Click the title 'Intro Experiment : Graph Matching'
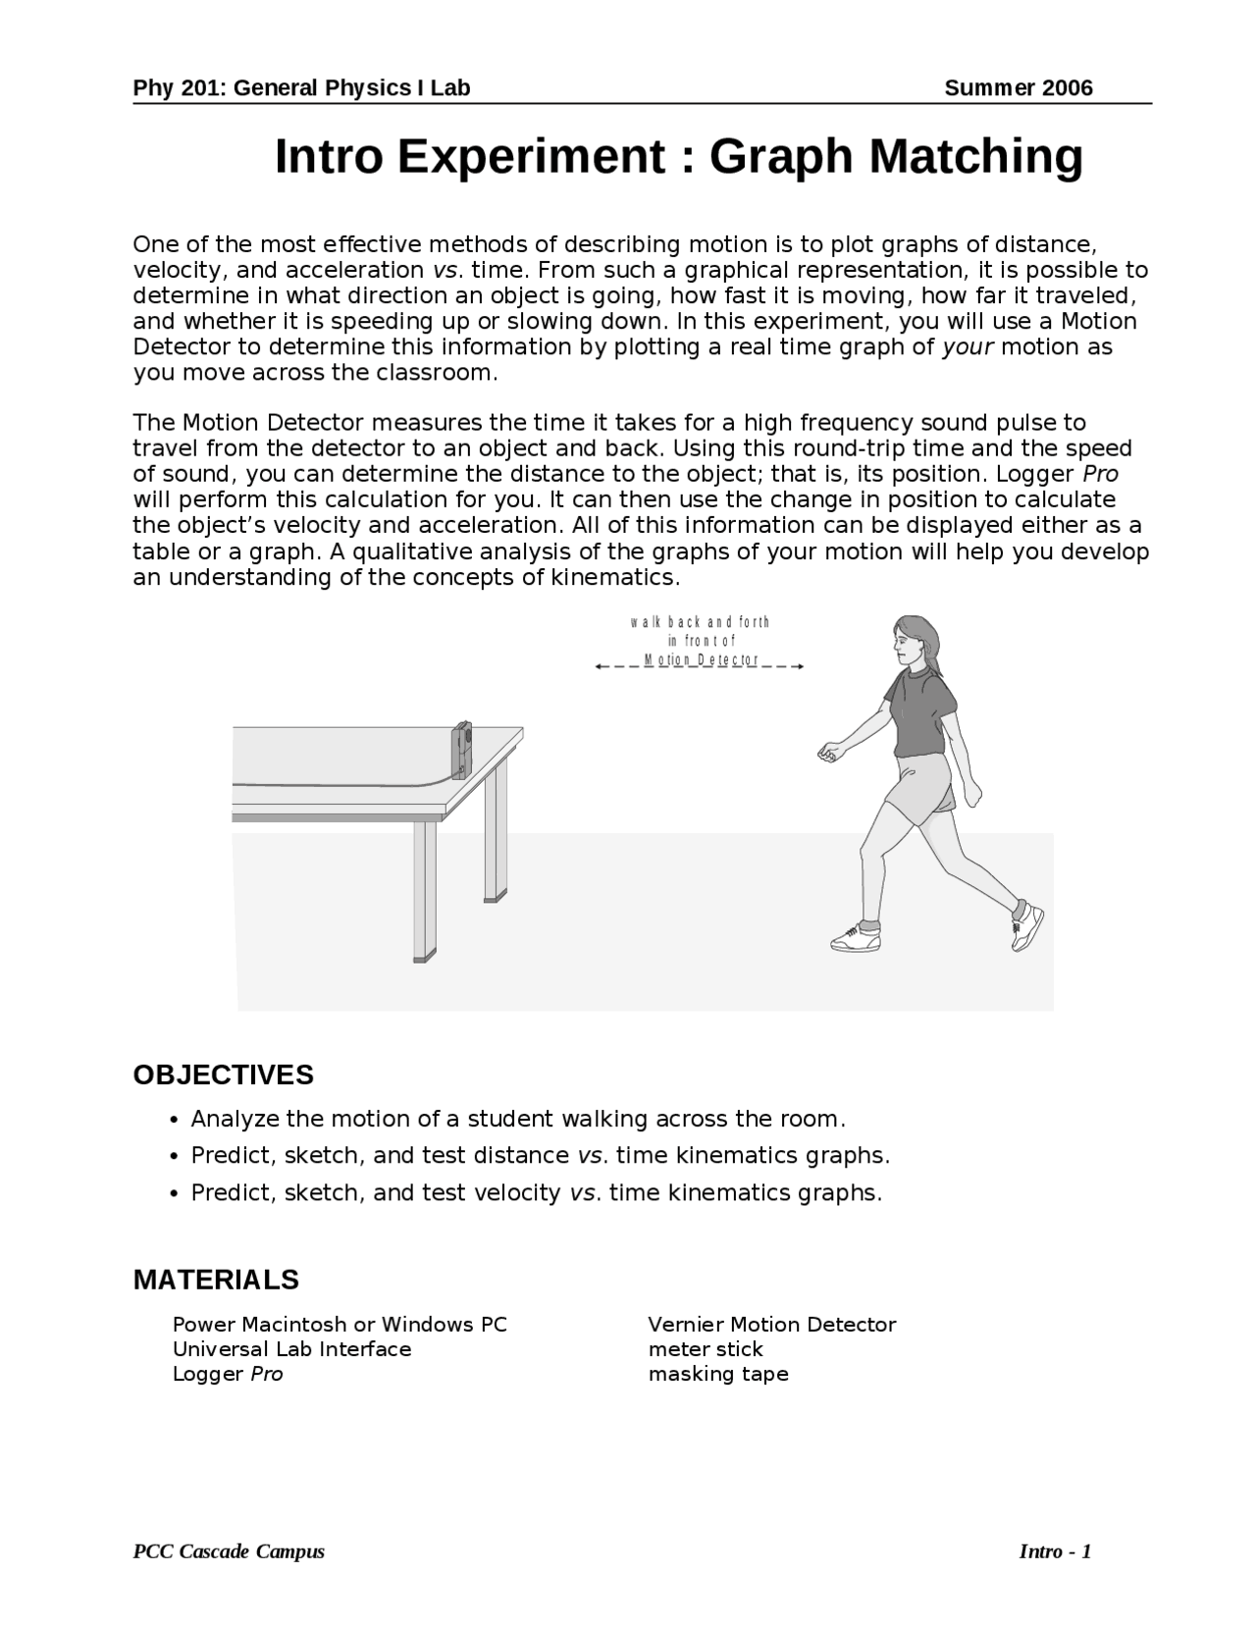pos(678,157)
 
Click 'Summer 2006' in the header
pos(1018,88)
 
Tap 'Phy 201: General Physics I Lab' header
pos(301,88)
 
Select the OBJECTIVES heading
pos(223,1075)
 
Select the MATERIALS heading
pos(216,1280)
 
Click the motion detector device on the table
pos(461,750)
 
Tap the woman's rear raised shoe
pos(1027,924)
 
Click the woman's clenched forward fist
pos(829,753)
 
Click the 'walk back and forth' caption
pos(700,622)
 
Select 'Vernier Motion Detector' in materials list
pos(771,1325)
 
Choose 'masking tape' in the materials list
pos(717,1374)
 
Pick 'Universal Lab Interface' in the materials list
pos(291,1349)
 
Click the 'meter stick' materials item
pos(705,1349)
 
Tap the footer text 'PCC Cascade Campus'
pos(229,1551)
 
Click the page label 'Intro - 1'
pos(1055,1551)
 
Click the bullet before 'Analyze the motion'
pos(174,1121)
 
